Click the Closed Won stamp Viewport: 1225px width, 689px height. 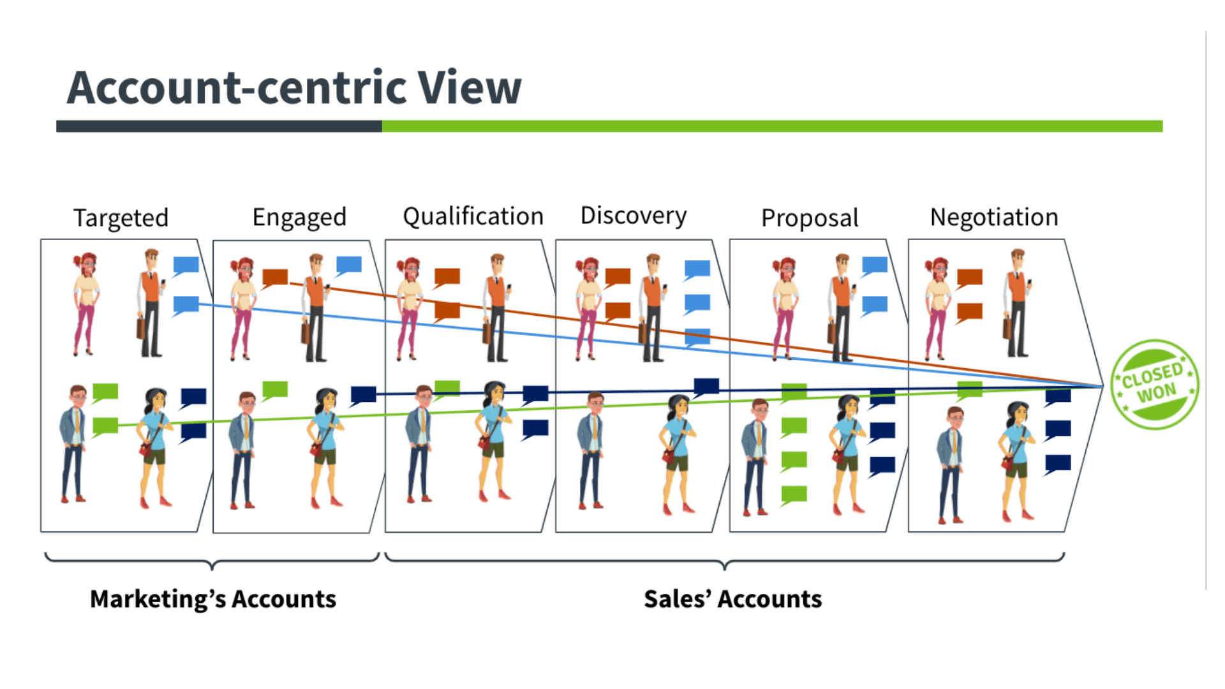pos(1154,384)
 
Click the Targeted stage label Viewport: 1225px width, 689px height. pos(121,218)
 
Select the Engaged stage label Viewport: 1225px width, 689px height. pos(299,218)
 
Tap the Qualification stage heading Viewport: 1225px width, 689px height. pos(473,217)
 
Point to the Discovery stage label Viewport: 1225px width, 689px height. pos(633,216)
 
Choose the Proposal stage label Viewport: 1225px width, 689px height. pos(810,218)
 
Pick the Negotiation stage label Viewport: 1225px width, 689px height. pos(994,218)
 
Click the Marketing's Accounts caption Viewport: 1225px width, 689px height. pos(213,599)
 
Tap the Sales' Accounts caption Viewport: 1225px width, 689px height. pos(732,599)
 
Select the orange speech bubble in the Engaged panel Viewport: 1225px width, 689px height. pos(275,278)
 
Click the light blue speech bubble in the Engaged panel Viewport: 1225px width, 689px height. pos(348,265)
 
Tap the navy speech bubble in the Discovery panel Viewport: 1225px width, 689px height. pos(706,387)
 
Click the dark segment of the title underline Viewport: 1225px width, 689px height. pos(219,126)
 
